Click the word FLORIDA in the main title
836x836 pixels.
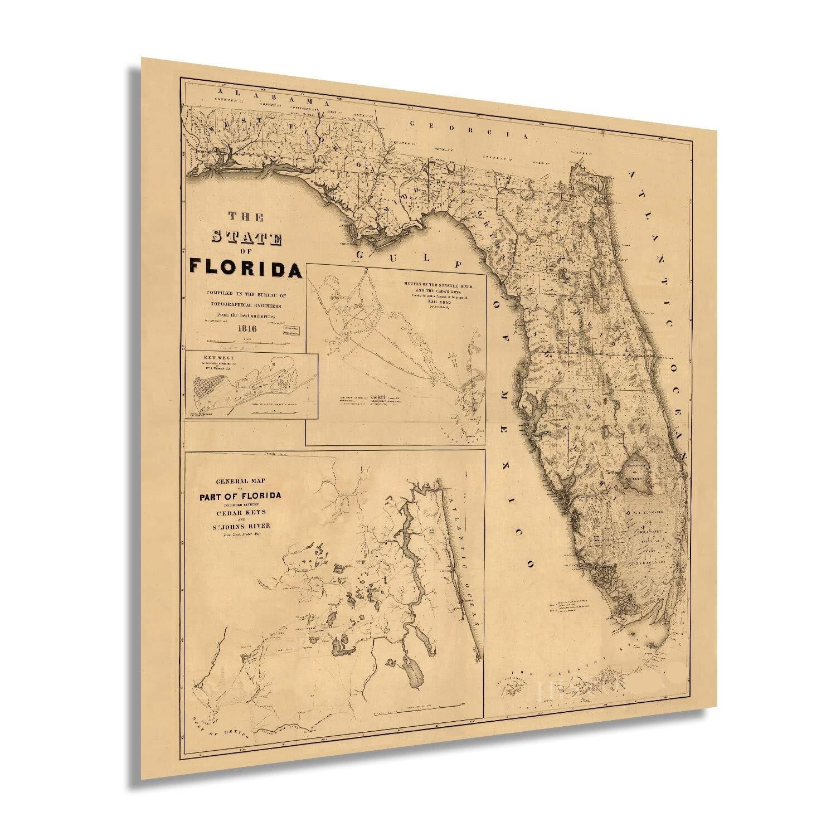tap(246, 268)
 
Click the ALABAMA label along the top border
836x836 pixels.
tap(273, 96)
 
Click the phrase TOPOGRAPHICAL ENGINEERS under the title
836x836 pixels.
tap(246, 306)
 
